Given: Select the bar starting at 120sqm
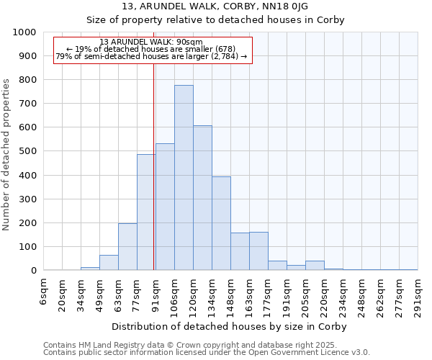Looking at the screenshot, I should click(x=202, y=198).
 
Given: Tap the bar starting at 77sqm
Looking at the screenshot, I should click(x=146, y=212).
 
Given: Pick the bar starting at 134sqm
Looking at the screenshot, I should click(x=221, y=223).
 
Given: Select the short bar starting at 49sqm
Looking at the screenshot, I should click(x=109, y=263).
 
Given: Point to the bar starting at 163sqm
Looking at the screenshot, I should click(x=258, y=251).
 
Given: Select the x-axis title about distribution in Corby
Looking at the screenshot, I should click(x=230, y=326).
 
